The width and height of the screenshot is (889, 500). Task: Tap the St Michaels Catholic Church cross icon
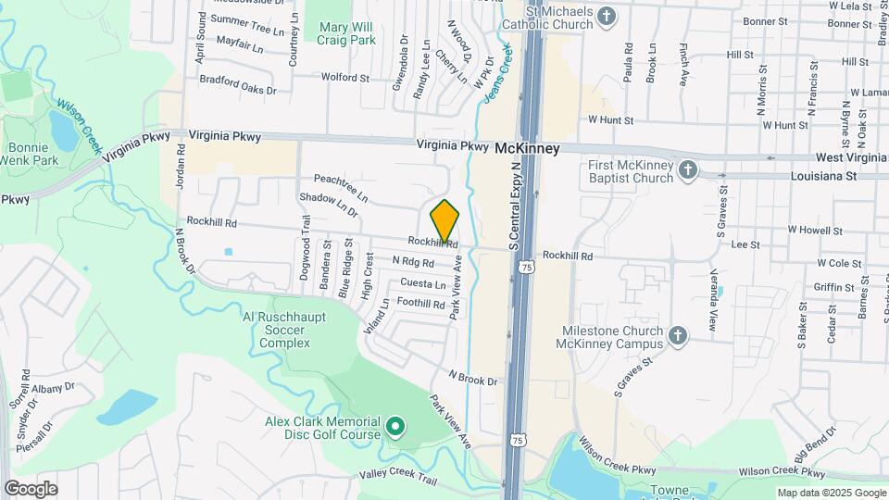pyautogui.click(x=607, y=16)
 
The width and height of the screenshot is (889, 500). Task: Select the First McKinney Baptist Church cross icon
pyautogui.click(x=687, y=170)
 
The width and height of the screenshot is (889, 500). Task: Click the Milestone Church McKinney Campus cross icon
pyautogui.click(x=677, y=335)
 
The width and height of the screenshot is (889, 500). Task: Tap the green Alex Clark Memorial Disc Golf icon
pyautogui.click(x=395, y=427)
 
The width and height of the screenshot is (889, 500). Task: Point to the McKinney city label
pyautogui.click(x=528, y=147)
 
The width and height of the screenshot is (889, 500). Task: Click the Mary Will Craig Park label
pyautogui.click(x=340, y=34)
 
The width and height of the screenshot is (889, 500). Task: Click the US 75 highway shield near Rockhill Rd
pyautogui.click(x=526, y=267)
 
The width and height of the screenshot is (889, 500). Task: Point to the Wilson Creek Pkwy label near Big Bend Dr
pyautogui.click(x=777, y=473)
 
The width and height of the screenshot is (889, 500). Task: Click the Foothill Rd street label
pyautogui.click(x=420, y=303)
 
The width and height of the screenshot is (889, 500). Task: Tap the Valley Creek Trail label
pyautogui.click(x=397, y=477)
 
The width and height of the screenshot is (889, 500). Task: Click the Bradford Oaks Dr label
pyautogui.click(x=244, y=90)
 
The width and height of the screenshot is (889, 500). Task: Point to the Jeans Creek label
pyautogui.click(x=495, y=70)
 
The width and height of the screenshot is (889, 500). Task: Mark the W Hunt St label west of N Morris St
pyautogui.click(x=610, y=120)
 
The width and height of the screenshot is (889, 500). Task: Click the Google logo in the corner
pyautogui.click(x=31, y=488)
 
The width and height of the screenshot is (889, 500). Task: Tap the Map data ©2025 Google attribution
pyautogui.click(x=831, y=493)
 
